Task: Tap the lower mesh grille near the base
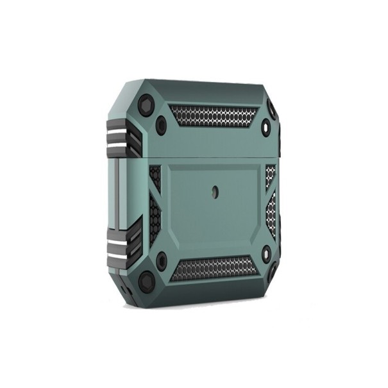pyautogui.click(x=215, y=267)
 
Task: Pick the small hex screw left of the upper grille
pyautogui.click(x=162, y=122)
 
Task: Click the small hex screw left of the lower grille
pyautogui.click(x=162, y=260)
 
